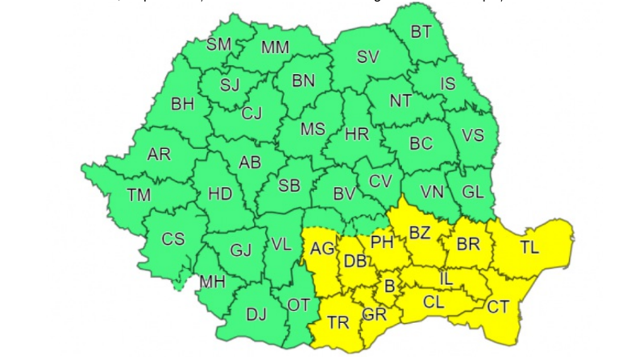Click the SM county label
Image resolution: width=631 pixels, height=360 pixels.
[x=218, y=45]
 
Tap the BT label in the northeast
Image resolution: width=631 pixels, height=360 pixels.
[x=421, y=32]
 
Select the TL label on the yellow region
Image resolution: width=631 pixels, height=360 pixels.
[x=529, y=248]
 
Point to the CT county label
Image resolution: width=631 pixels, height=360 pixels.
[x=498, y=306]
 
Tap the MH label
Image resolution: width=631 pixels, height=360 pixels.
[x=213, y=282]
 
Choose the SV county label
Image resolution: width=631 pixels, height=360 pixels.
[x=368, y=57]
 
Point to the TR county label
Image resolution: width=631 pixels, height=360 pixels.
[x=338, y=323]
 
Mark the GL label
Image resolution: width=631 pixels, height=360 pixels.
[x=473, y=192]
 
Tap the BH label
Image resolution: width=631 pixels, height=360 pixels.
[x=183, y=103]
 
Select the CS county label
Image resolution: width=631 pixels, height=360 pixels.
[x=173, y=239]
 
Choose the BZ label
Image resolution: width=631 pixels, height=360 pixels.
[x=420, y=234]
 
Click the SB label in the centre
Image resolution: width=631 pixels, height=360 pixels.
[x=289, y=186]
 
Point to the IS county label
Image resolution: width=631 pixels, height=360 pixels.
[x=448, y=83]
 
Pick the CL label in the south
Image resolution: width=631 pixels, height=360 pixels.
[x=433, y=303]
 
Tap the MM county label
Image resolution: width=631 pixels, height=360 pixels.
[x=275, y=48]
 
